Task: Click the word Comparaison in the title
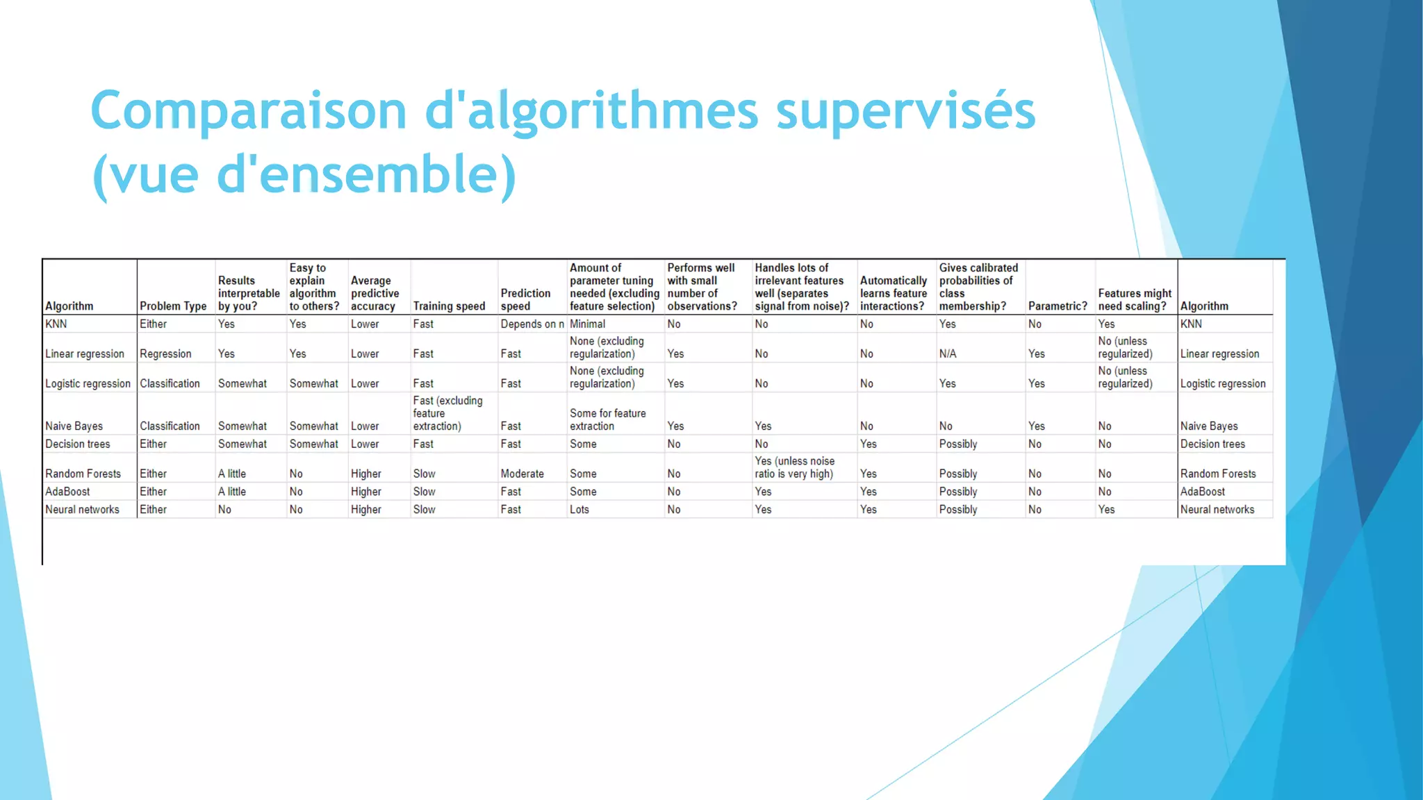tap(248, 111)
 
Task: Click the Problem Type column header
tap(173, 306)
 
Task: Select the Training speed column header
tap(449, 306)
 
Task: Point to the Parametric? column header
tap(1058, 306)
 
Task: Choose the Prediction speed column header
tap(525, 300)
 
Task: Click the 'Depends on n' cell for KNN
tap(532, 324)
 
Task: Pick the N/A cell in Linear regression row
tap(948, 354)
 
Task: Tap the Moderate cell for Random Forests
tap(522, 474)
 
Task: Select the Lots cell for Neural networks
tap(579, 510)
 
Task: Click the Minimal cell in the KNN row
tap(587, 324)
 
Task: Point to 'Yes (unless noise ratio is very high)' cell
tap(795, 467)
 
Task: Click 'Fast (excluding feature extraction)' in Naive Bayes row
tap(447, 413)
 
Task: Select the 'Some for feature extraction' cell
tap(607, 419)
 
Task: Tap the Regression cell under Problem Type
tap(165, 354)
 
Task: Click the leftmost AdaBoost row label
tap(67, 492)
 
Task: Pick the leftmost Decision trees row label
tap(77, 444)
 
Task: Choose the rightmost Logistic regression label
tap(1223, 384)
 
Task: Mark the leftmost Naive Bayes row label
tap(74, 426)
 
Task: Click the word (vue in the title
tap(145, 175)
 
